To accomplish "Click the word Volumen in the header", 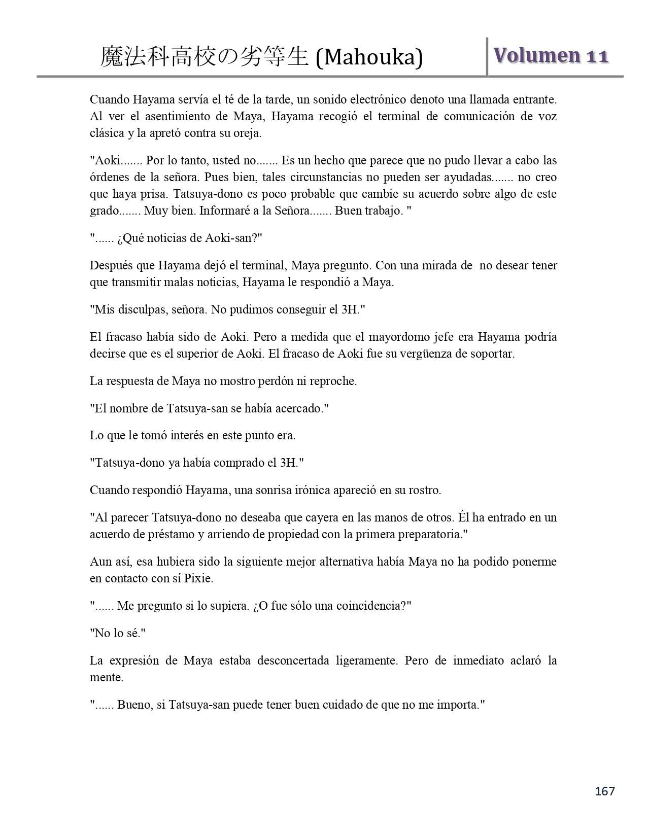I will (x=537, y=56).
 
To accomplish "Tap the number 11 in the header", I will (x=597, y=56).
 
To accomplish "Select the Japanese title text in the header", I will (x=205, y=57).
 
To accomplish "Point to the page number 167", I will (x=604, y=791).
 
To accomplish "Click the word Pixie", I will (x=212, y=578).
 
